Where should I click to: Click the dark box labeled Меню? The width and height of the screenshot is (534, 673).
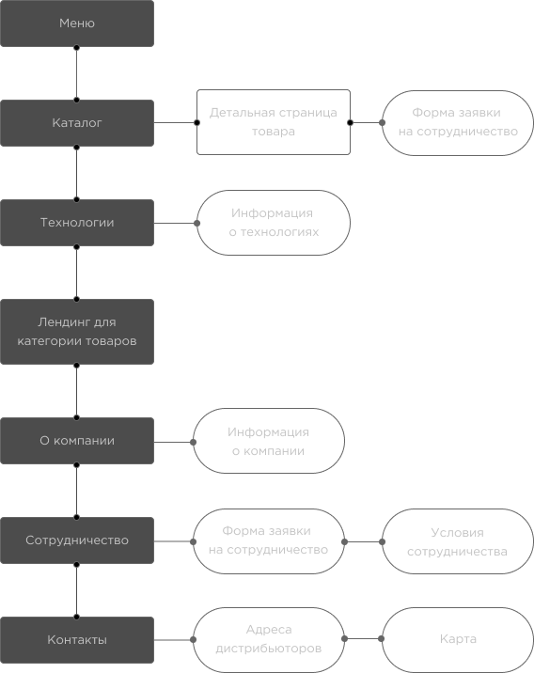pyautogui.click(x=77, y=23)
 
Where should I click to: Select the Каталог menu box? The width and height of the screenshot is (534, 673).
pyautogui.click(x=77, y=123)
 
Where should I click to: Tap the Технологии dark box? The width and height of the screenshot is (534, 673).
pyautogui.click(x=77, y=223)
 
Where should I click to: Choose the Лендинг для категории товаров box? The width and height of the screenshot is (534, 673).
pyautogui.click(x=77, y=332)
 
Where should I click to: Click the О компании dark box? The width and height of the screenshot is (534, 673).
pyautogui.click(x=77, y=441)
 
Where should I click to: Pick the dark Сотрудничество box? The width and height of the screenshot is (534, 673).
pyautogui.click(x=77, y=540)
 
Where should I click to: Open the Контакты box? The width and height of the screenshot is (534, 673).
pyautogui.click(x=77, y=640)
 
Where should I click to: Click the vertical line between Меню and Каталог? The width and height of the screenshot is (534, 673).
pyautogui.click(x=76, y=74)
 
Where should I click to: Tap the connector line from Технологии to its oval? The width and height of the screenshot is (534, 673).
pyautogui.click(x=175, y=223)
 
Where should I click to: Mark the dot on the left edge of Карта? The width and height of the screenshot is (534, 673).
pyautogui.click(x=381, y=638)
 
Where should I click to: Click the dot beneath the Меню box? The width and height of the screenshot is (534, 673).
pyautogui.click(x=76, y=48)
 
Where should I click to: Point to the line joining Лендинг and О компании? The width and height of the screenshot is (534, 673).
pyautogui.click(x=76, y=391)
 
